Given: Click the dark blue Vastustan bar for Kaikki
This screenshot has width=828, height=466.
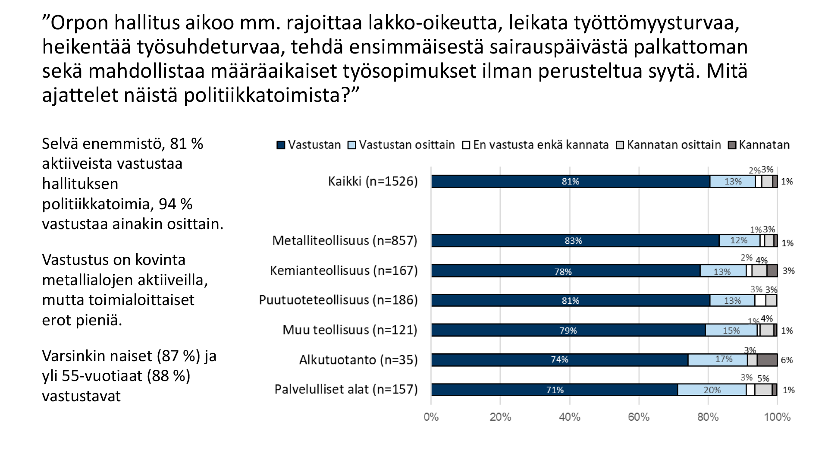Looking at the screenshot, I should click(x=570, y=182).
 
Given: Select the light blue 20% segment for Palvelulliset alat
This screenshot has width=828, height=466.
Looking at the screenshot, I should click(x=712, y=390).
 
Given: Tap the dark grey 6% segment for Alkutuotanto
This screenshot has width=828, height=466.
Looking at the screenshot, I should click(x=767, y=360).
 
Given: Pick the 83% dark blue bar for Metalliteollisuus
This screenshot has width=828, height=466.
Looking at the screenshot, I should click(x=574, y=241).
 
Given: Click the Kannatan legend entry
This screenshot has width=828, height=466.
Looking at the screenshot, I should click(x=764, y=145).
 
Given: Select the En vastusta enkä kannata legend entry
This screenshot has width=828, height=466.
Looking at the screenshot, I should click(x=540, y=145).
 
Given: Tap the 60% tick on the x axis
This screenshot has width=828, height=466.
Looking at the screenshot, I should click(x=639, y=417).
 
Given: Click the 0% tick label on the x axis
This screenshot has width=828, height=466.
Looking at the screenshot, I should click(x=431, y=417).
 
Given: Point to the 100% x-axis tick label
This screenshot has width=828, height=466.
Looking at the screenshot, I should click(x=777, y=417).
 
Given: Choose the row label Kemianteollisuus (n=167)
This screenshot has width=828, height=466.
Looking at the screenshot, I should click(x=344, y=271).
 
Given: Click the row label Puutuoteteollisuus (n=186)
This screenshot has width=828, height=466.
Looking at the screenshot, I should click(x=338, y=300).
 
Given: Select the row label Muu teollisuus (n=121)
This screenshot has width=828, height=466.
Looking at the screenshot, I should click(x=350, y=330).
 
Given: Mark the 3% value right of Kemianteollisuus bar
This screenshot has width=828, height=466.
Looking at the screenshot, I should click(x=788, y=271).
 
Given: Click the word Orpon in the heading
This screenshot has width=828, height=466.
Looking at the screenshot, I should click(x=79, y=23).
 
